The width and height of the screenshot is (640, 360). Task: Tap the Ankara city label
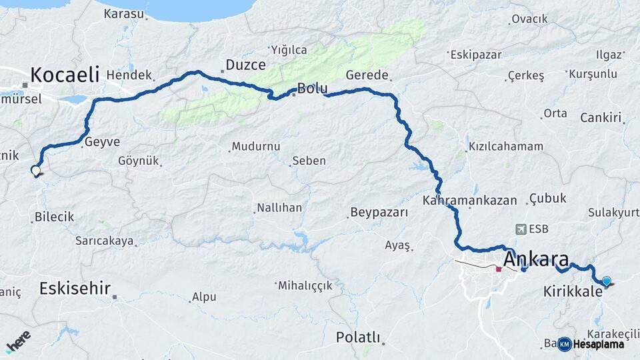pos(537,258)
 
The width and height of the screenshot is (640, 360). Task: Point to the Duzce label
pos(245,65)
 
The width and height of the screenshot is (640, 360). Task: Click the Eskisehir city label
pos(74,289)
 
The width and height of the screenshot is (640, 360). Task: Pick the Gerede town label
pos(367,75)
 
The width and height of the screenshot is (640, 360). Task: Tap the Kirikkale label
pos(573,291)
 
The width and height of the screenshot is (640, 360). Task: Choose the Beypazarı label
pos(376,213)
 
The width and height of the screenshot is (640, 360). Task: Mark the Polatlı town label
pos(358,337)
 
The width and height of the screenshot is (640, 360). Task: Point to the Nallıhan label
pos(280,207)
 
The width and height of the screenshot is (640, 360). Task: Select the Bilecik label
pos(54,217)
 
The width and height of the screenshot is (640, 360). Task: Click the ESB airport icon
pos(520,228)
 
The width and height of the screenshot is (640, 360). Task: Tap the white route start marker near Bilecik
pos(35,170)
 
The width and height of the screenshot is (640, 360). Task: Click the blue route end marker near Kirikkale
pos(606,281)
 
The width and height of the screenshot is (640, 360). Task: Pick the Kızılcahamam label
pos(505,146)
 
